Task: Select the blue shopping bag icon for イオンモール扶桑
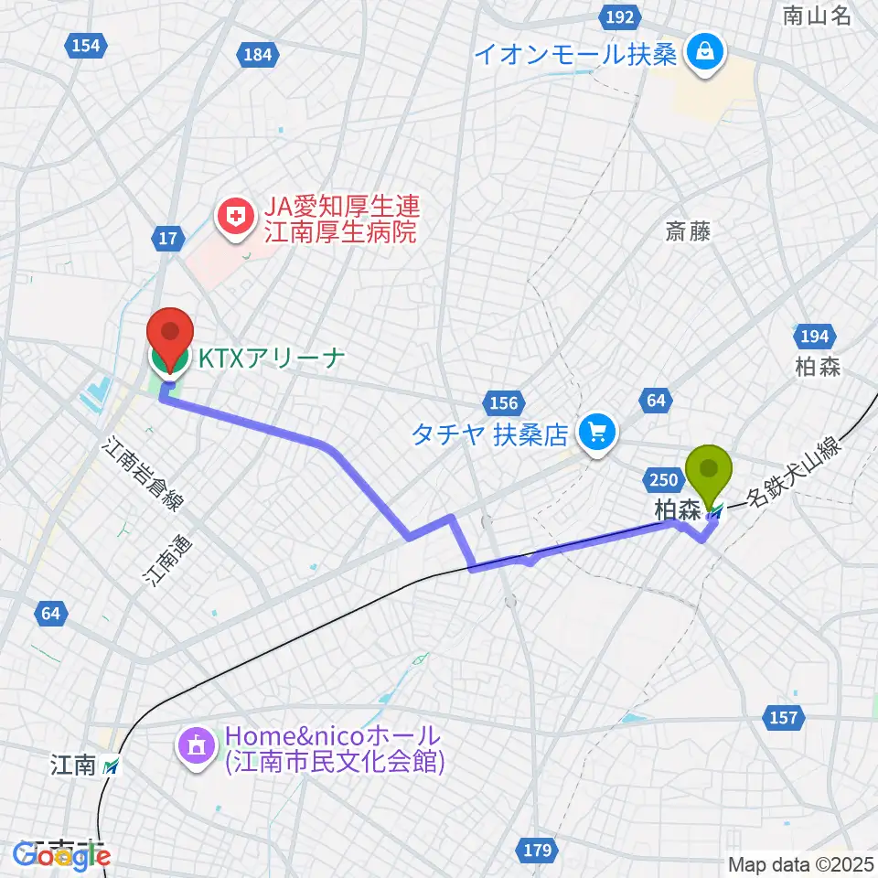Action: pos(707,52)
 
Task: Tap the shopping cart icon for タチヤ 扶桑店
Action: pos(598,431)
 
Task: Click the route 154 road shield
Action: pos(85,46)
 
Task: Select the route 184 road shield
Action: pos(258,55)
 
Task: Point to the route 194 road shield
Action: pos(813,337)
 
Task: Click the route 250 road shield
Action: pos(665,480)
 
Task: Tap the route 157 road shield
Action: pos(784,717)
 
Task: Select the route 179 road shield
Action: pos(537,851)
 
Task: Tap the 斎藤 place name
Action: pos(688,233)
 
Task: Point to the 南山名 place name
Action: pos(817,15)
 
